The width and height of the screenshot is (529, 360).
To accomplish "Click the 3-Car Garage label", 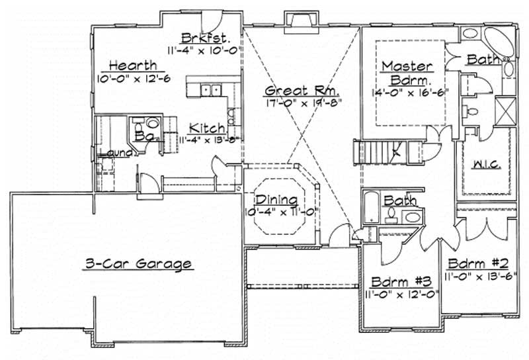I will tap(138, 264).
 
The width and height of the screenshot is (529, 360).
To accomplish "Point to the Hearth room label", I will tap(133, 65).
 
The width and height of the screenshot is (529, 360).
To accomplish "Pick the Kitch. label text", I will tap(207, 128).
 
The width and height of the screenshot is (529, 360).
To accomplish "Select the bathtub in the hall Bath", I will tap(370, 208).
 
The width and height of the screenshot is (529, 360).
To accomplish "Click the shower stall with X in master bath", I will tap(505, 108).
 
